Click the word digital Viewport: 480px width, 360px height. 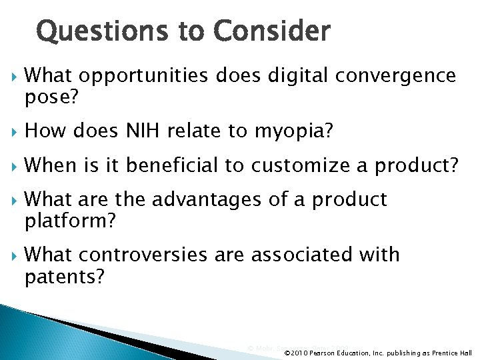tap(297, 77)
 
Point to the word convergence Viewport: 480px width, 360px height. tap(395, 77)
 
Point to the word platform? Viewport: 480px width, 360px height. tap(70, 220)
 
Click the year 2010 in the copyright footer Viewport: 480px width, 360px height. tap(301, 353)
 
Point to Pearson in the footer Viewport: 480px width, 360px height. tap(323, 353)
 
